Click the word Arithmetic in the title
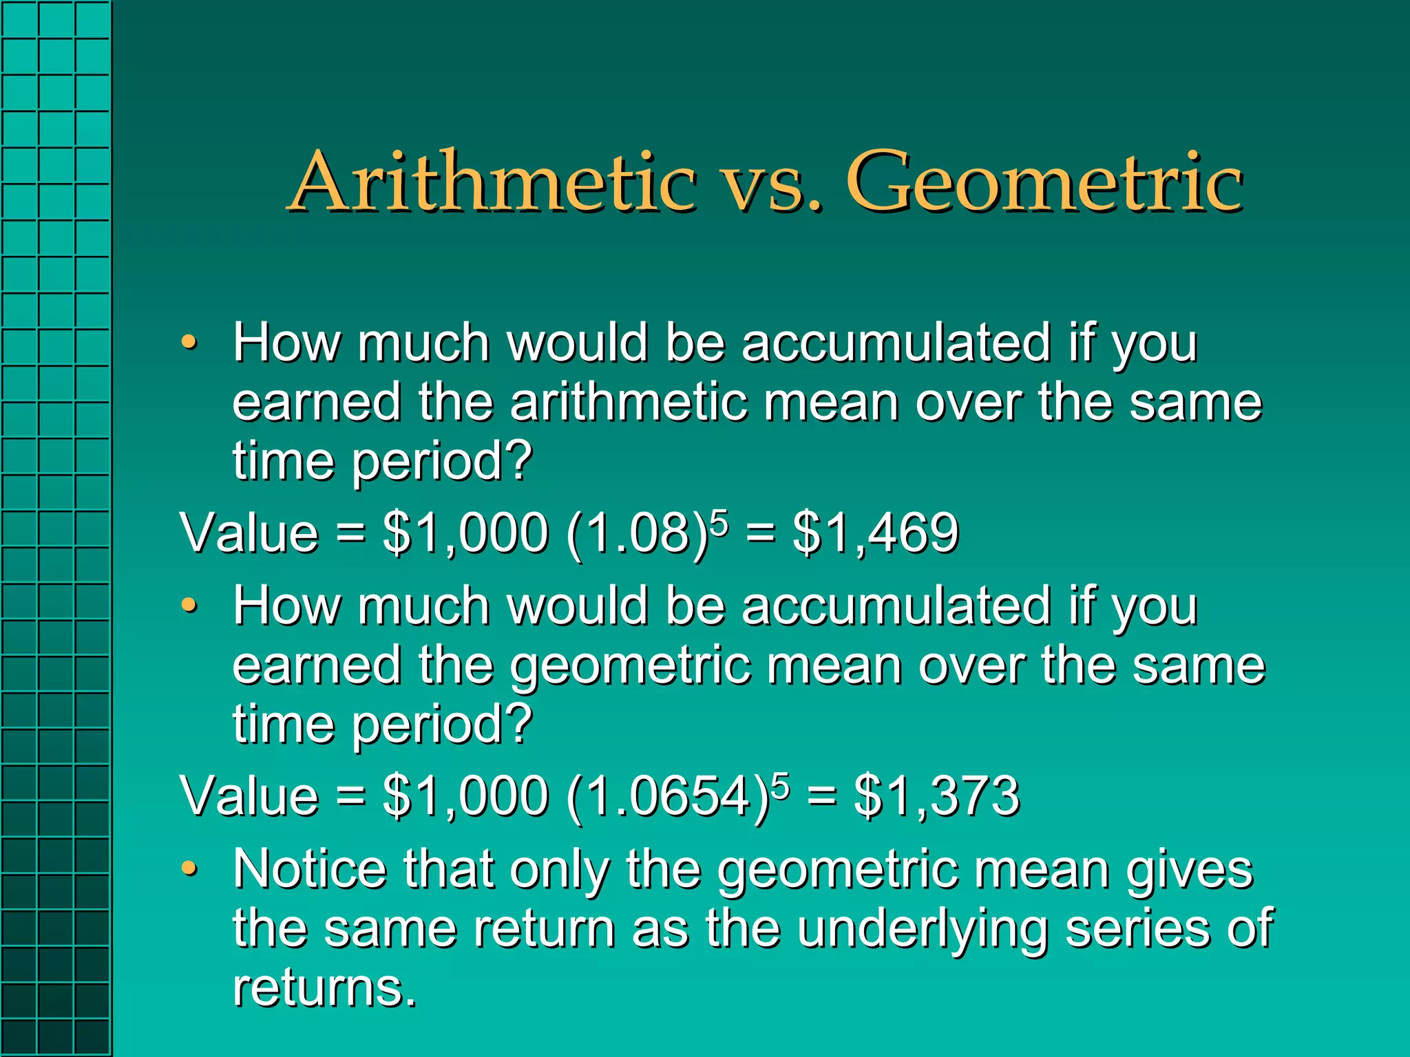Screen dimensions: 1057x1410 coord(493,182)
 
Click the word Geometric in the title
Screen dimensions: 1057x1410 coord(1044,182)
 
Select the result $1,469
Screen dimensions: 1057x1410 coord(876,533)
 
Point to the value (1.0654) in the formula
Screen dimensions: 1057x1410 coord(667,798)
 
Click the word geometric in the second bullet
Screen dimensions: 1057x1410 coord(631,666)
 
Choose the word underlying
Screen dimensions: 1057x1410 coord(923,929)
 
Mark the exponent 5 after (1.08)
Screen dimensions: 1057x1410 coord(718,520)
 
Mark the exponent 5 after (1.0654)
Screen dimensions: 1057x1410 coord(779,784)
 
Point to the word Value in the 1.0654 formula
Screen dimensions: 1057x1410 coord(249,796)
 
